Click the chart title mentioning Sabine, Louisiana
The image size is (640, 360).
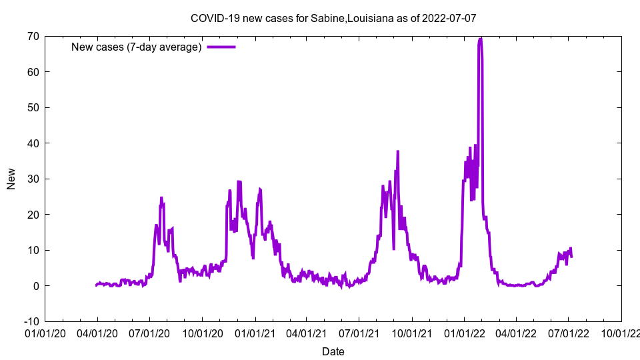point(333,18)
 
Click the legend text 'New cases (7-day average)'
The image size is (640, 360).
point(136,47)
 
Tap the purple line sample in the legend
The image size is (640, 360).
point(221,47)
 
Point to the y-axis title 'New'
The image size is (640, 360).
point(11,179)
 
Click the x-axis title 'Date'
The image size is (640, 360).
point(333,351)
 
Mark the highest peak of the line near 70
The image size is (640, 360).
point(480,39)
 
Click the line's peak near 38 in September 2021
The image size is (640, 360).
point(398,151)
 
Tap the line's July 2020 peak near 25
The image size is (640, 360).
point(161,198)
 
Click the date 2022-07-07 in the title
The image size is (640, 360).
point(449,18)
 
